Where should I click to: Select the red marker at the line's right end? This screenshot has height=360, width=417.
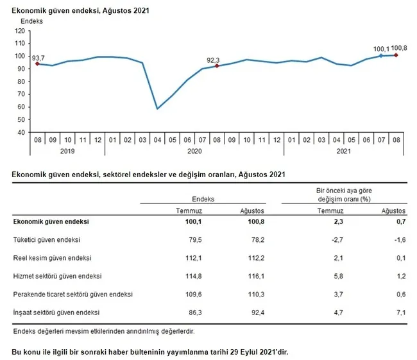pyautogui.click(x=396, y=55)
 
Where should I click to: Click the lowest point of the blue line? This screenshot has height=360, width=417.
pyautogui.click(x=157, y=108)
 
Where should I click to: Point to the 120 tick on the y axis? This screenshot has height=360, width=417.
pyautogui.click(x=19, y=31)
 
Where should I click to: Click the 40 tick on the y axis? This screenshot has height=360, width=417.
pyautogui.click(x=21, y=132)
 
